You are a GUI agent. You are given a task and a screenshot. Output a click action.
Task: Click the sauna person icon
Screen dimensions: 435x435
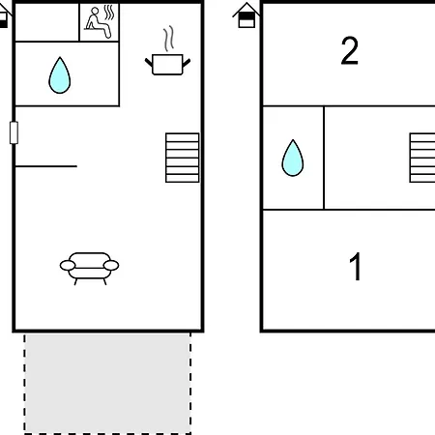[x=100, y=22]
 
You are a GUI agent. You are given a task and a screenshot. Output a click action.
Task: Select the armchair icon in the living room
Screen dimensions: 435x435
[x=89, y=268]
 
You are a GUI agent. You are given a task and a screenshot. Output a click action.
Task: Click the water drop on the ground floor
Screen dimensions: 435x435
[x=60, y=75]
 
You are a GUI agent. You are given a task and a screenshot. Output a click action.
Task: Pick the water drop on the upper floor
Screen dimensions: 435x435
[x=293, y=158]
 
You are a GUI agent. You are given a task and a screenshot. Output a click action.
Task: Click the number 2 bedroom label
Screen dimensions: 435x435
[x=350, y=50]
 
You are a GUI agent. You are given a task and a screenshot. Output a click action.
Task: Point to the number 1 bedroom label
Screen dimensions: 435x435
[x=356, y=267]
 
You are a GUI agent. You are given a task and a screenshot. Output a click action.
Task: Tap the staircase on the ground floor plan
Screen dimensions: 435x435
[x=183, y=158]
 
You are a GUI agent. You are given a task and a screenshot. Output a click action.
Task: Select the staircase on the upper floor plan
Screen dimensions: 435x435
[x=422, y=158]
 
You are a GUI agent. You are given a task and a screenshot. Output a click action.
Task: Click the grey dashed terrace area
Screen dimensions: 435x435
[x=107, y=384]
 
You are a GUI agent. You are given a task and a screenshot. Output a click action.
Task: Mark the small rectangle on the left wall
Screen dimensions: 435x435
[x=14, y=132]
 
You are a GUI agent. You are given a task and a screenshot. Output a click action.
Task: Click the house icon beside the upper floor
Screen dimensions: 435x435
[x=246, y=15]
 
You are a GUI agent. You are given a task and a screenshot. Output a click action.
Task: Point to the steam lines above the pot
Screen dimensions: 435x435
[x=168, y=39]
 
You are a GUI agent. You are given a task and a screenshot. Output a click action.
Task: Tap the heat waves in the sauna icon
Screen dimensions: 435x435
[x=109, y=13]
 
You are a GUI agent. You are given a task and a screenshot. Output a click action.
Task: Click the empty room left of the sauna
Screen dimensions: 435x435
[x=47, y=22]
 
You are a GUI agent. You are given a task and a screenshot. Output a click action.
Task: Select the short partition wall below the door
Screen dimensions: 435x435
[x=46, y=166]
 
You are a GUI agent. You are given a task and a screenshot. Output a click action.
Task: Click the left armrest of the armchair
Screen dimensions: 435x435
[x=68, y=266]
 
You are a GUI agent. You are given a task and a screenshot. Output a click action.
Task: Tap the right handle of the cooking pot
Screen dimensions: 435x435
[x=187, y=63]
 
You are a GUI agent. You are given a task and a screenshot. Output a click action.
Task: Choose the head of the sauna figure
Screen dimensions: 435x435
[x=95, y=12]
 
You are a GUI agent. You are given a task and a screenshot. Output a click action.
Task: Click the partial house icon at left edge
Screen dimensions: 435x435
[x=4, y=16]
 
